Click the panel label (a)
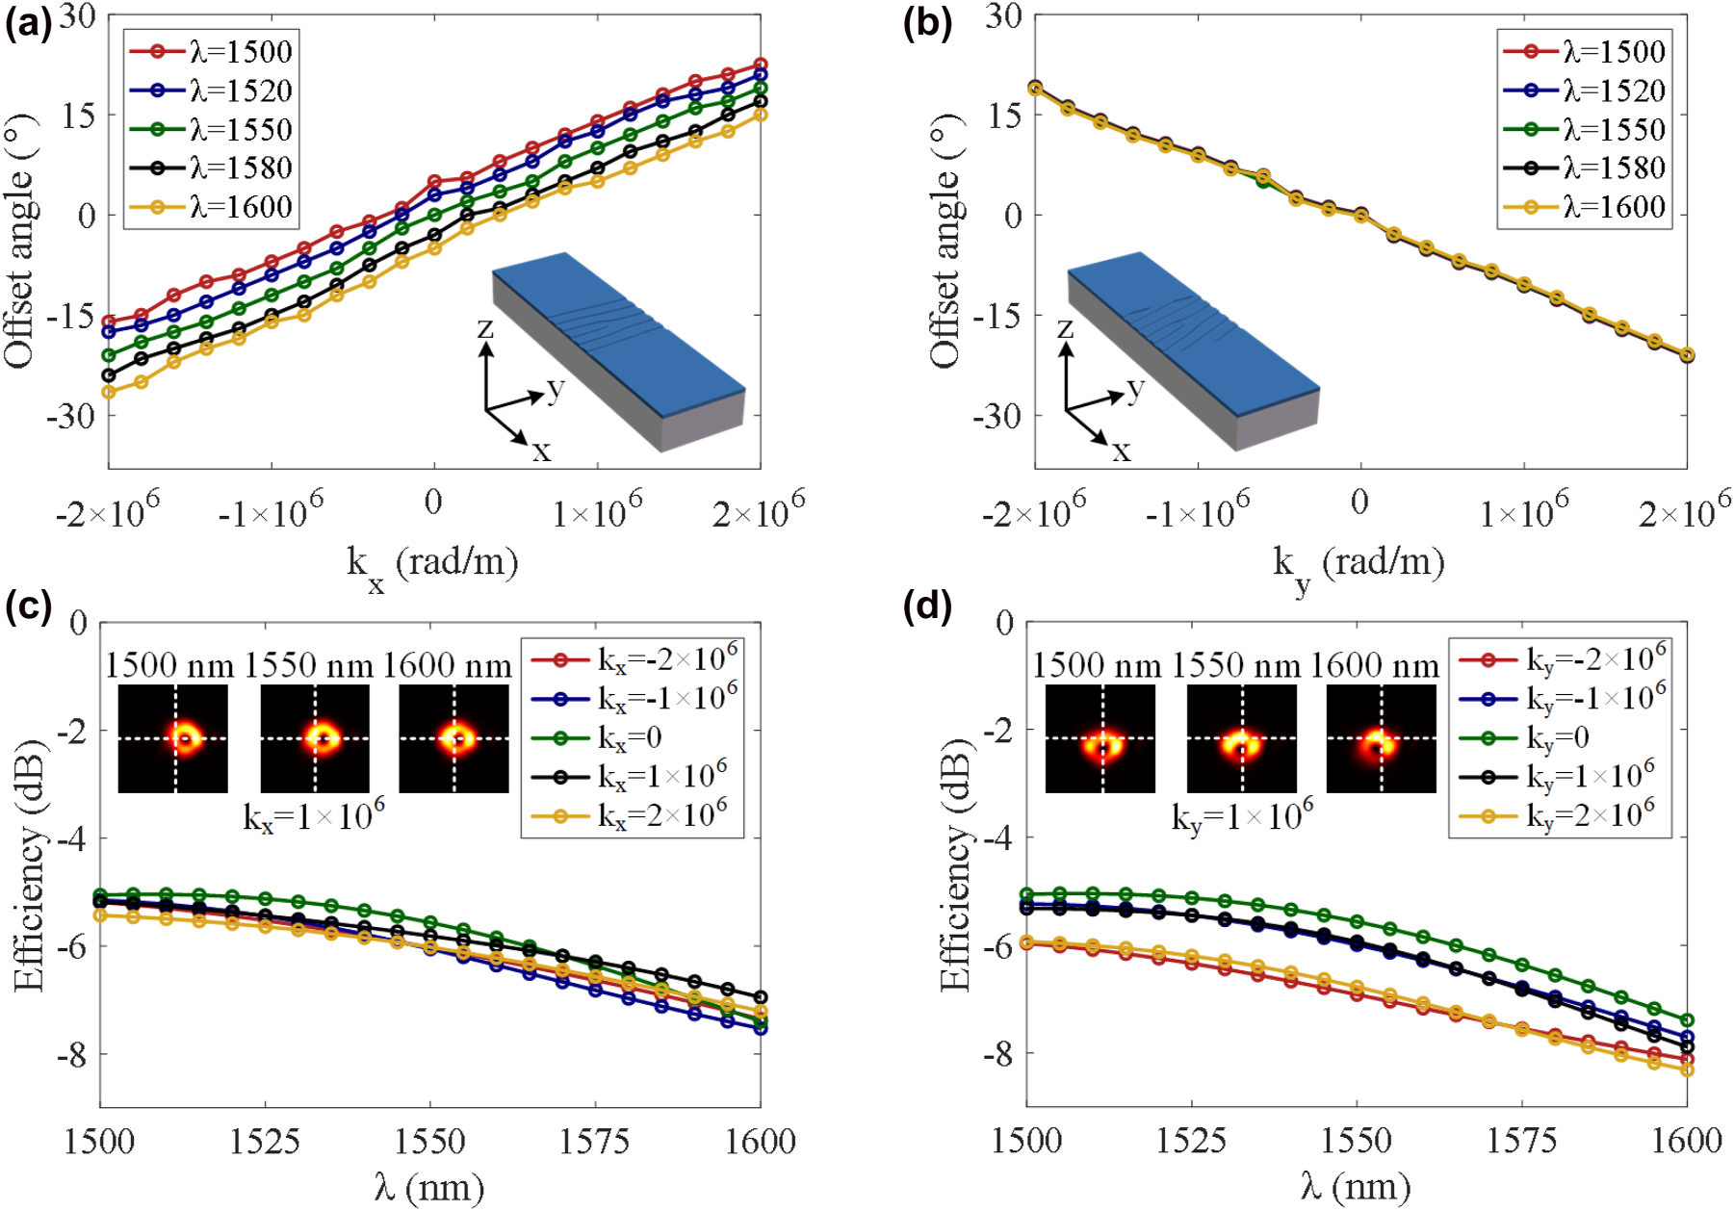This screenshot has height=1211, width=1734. coord(27,23)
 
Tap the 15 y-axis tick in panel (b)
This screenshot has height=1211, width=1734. coord(1003,116)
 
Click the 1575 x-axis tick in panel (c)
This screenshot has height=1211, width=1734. coord(594,1143)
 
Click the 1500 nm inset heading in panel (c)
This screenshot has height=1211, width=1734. coord(169,666)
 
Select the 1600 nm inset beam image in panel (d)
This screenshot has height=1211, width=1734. coord(1381,739)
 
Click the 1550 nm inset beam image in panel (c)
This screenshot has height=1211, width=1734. coord(316,739)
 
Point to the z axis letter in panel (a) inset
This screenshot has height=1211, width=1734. coord(485,329)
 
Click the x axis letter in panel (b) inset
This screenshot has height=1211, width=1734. coord(1121,451)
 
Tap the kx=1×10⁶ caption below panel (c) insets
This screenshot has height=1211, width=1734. coord(314,817)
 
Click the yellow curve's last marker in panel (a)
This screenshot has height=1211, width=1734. coord(760,115)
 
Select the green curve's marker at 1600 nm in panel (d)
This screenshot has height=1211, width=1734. coord(1686,1020)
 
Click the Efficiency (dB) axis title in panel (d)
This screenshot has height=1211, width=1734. coord(955,866)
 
